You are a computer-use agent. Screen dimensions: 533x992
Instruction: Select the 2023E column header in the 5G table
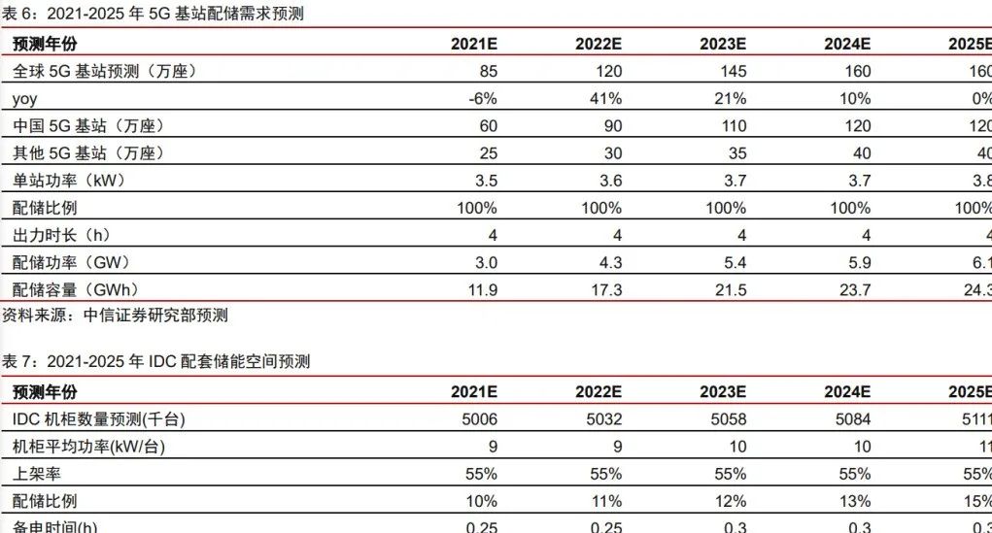tap(722, 44)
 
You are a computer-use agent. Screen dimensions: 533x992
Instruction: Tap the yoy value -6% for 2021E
tap(483, 98)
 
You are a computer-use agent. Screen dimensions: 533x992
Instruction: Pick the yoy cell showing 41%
tap(605, 98)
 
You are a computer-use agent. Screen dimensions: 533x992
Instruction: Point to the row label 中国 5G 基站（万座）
tap(87, 125)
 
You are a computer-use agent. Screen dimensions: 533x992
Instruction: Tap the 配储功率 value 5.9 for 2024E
tap(858, 262)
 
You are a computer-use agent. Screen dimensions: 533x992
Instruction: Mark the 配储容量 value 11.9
tap(482, 289)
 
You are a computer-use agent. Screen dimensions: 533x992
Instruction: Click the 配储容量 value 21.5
tap(730, 289)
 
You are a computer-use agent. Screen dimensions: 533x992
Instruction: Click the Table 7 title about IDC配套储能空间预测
tap(155, 361)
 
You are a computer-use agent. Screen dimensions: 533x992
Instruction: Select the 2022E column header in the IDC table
tap(598, 391)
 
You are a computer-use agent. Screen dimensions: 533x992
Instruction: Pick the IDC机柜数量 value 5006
tap(480, 418)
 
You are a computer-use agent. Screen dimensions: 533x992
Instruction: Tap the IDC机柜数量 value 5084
tap(853, 418)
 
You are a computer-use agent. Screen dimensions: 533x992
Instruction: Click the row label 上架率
tap(36, 474)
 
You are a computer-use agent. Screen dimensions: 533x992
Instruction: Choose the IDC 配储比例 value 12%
tap(730, 501)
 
